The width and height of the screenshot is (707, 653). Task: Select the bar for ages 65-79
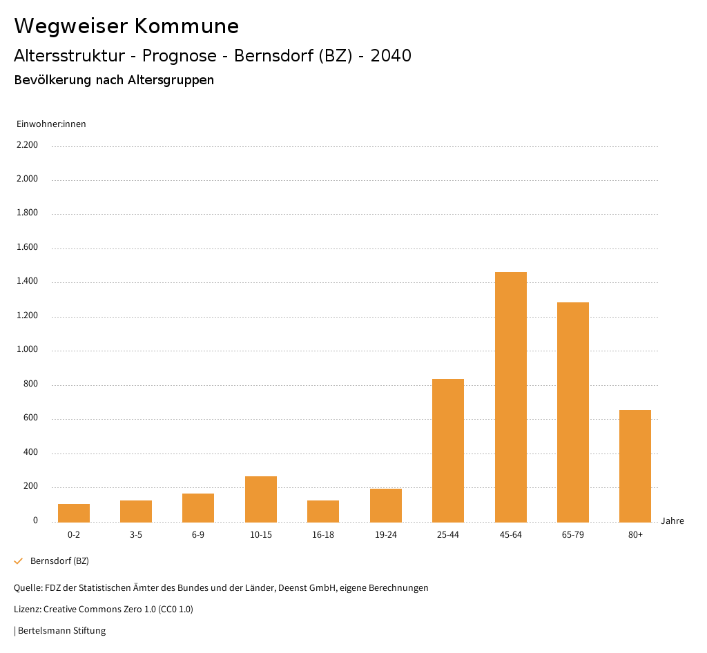573,412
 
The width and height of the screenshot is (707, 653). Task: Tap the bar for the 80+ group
635,466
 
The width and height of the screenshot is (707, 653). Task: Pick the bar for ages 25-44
448,450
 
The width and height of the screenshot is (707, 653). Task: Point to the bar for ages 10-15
261,499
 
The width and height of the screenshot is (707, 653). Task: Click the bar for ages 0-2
74,513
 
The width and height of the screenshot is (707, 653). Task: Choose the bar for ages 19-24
386,505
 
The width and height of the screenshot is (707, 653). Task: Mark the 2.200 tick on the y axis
28,145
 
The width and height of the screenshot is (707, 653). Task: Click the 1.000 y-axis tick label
28,350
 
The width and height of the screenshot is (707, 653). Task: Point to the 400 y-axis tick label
31,453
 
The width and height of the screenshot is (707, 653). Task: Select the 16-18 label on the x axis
323,535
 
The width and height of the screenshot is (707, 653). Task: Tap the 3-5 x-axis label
136,535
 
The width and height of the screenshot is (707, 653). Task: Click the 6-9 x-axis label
198,535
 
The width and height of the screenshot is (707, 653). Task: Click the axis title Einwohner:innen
51,124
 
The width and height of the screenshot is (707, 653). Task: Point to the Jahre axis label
672,521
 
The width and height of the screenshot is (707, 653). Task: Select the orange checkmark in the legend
19,561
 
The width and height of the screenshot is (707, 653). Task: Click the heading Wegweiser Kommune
126,26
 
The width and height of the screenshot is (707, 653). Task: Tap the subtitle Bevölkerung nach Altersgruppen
114,80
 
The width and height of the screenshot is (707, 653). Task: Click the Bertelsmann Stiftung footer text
61,630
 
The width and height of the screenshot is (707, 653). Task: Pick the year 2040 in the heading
391,56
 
